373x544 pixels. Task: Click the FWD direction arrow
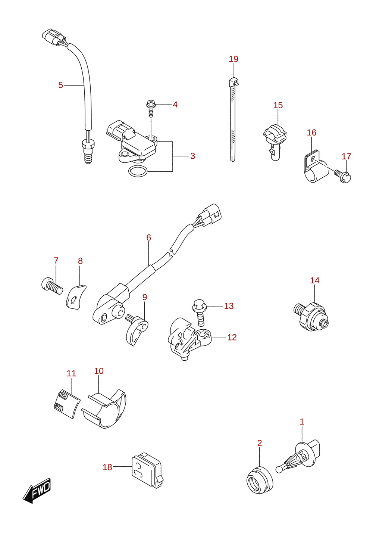(37, 491)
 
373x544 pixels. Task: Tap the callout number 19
(233, 59)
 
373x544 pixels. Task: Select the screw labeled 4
(151, 109)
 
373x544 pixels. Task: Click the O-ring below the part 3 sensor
(138, 171)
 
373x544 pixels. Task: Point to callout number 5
(61, 85)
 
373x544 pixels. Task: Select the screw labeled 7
(52, 286)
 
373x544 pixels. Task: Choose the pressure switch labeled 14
(311, 317)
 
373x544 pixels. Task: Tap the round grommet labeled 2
(260, 480)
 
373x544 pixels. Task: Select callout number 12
(232, 337)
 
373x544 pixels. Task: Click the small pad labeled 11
(67, 404)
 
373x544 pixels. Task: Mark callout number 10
(99, 371)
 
